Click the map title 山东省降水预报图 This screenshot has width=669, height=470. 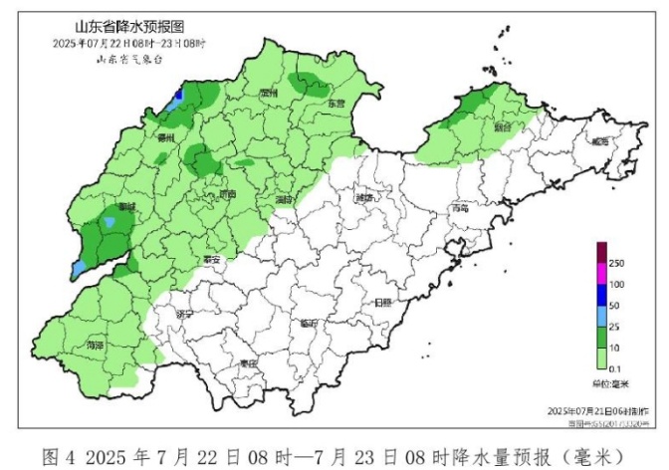tap(129, 25)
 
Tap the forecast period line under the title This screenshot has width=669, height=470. tap(128, 43)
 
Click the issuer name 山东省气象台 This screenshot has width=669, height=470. tap(128, 60)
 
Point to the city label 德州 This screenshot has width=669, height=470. tap(166, 137)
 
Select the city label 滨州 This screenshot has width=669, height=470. tap(266, 93)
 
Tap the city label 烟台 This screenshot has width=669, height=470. tap(502, 127)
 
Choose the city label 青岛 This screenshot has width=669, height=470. tap(459, 209)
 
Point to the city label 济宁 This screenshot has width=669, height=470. tap(183, 314)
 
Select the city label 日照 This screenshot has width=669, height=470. tap(383, 302)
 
